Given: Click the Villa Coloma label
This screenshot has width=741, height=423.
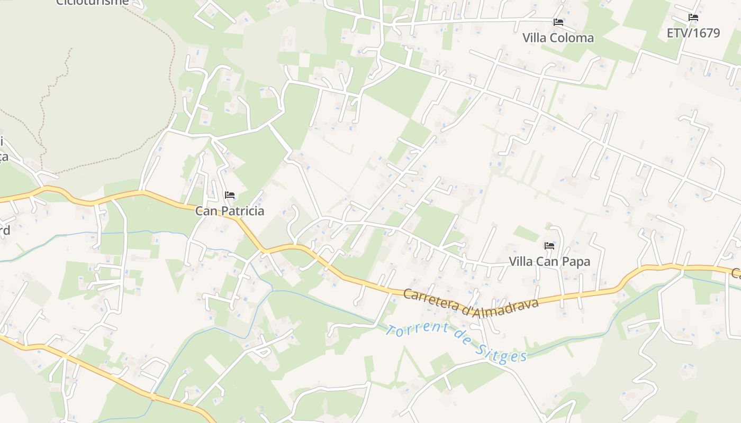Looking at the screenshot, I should [558, 38].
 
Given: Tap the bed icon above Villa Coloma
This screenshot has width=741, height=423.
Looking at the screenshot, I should [558, 22].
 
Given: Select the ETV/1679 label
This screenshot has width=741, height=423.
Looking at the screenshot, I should [693, 33].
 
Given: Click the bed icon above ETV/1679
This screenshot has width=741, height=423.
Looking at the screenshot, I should [693, 17].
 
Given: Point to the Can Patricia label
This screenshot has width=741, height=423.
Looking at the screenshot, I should [229, 211].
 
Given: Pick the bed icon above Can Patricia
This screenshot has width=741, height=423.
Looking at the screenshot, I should [229, 195].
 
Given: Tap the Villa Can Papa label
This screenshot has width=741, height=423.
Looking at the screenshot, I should [549, 261].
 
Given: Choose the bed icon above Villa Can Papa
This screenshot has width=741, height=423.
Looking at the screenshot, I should [549, 246].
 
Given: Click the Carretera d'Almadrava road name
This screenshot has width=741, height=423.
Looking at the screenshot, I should [471, 303].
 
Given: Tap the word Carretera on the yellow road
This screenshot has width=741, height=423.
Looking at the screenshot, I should [431, 298].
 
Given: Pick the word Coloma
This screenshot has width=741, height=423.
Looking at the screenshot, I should [573, 38].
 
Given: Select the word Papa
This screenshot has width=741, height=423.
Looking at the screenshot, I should [577, 261].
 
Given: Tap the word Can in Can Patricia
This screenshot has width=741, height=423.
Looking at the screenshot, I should [205, 211].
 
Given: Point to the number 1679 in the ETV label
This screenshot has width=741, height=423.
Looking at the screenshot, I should [706, 33].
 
